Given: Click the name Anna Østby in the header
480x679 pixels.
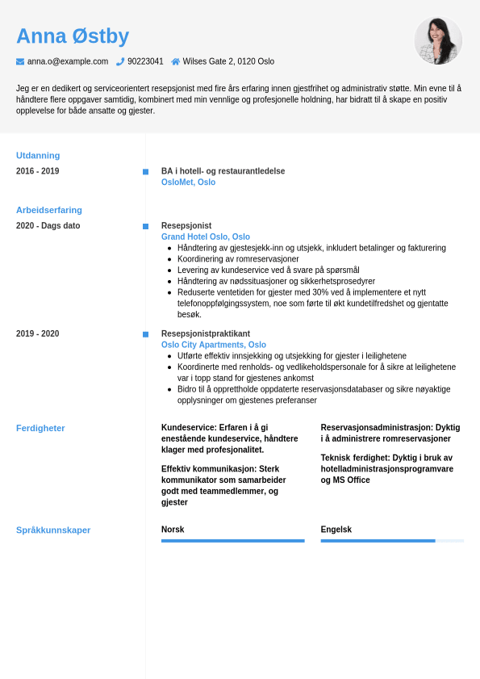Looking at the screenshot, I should click(73, 36).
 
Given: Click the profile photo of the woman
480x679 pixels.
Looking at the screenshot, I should click(438, 40).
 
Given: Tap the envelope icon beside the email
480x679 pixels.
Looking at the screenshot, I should click(20, 61).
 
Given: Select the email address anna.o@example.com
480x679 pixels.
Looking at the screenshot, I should click(68, 61).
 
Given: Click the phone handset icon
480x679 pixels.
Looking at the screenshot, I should click(120, 61).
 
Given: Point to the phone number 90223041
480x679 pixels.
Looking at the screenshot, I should click(145, 61).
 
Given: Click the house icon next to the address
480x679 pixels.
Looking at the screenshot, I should click(176, 61).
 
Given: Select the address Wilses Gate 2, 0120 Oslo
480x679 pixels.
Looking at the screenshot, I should click(228, 61).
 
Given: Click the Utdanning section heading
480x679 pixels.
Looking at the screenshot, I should click(38, 155).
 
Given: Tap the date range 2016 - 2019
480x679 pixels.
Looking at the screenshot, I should click(37, 171).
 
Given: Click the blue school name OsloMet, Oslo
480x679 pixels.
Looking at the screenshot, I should click(188, 182).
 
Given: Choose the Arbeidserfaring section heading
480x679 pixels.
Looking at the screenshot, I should click(49, 210).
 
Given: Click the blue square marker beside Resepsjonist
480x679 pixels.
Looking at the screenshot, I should click(145, 226).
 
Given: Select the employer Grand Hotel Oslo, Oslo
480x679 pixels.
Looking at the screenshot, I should click(206, 237).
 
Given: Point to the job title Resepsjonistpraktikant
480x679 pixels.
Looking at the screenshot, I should click(206, 333).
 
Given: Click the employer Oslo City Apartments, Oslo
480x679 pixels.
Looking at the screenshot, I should click(214, 345).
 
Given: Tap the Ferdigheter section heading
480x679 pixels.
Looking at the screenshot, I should click(40, 428).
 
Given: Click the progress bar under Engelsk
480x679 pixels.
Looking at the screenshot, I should click(392, 541).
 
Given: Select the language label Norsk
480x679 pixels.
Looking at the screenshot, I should click(173, 530).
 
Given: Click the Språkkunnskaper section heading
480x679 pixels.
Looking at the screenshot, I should click(53, 530).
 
